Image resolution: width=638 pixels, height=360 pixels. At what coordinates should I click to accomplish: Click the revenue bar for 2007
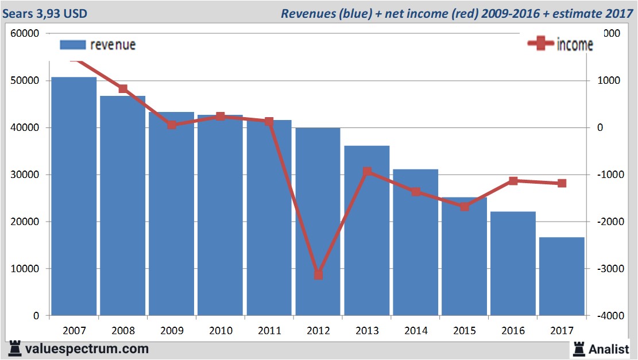[x=74, y=196]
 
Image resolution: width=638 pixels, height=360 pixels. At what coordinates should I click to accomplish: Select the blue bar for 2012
[x=318, y=221]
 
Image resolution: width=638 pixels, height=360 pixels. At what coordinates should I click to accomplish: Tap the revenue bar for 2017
[x=562, y=276]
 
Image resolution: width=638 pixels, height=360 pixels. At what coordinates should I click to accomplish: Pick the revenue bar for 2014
[x=416, y=242]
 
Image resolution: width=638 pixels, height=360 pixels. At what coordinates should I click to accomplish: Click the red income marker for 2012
[x=318, y=275]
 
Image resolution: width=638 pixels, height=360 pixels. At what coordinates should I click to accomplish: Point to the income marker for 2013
[x=367, y=172]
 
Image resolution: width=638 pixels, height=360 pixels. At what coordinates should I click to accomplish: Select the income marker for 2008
[x=123, y=89]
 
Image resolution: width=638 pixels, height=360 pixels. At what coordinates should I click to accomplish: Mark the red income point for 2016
[x=513, y=181]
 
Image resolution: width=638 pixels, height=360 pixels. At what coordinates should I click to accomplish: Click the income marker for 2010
[x=221, y=117]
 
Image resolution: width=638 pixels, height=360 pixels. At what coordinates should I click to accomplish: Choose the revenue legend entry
[x=98, y=45]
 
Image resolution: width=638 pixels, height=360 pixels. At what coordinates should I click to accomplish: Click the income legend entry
[x=560, y=45]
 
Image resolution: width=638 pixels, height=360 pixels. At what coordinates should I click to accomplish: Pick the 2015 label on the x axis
[x=465, y=331]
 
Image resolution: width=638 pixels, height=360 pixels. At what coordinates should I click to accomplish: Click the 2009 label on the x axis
[x=172, y=331]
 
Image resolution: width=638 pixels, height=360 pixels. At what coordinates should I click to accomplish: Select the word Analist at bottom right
[x=609, y=349]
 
